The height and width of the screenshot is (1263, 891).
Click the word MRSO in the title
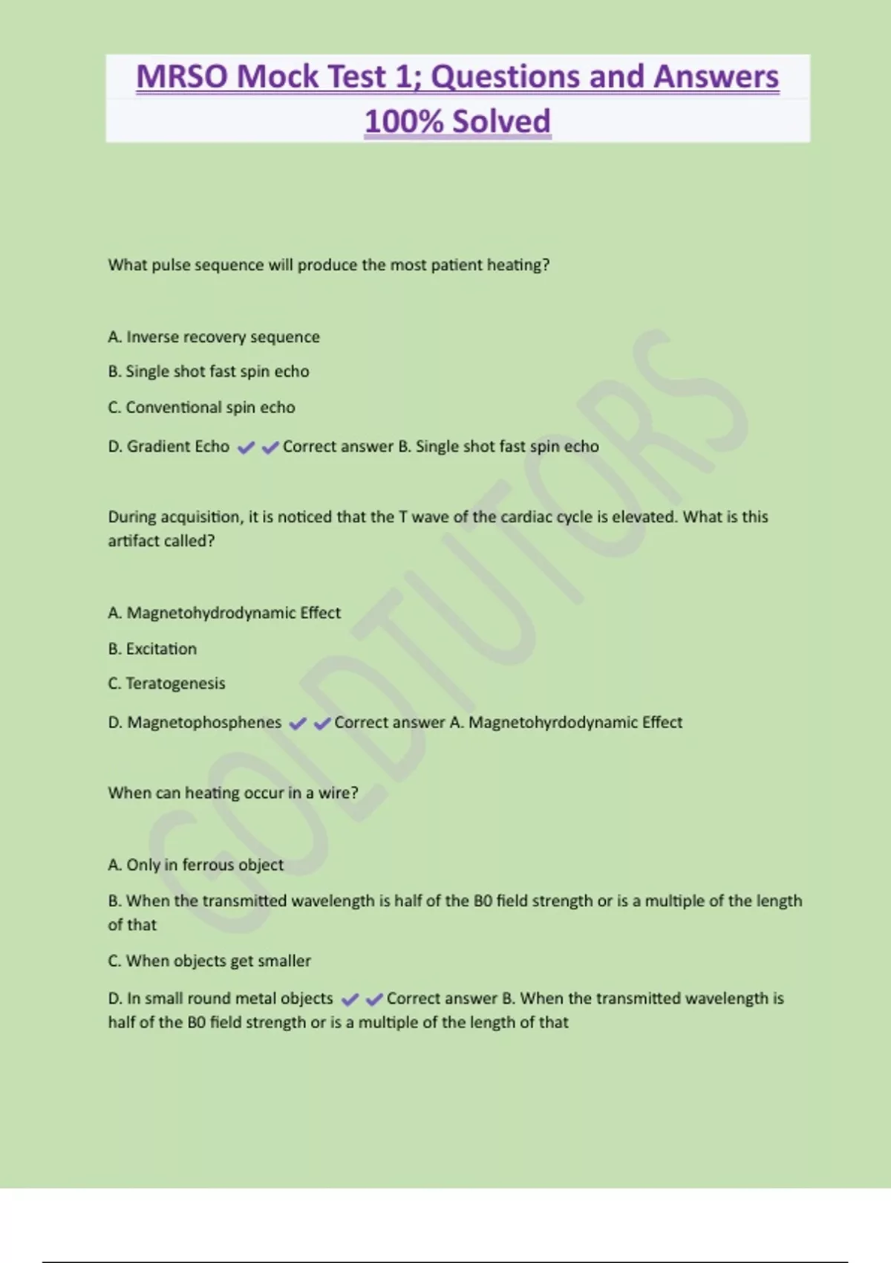click(x=182, y=77)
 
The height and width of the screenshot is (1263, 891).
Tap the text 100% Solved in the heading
click(x=457, y=122)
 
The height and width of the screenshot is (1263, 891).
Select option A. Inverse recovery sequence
click(x=214, y=337)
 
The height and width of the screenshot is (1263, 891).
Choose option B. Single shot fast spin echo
click(x=209, y=371)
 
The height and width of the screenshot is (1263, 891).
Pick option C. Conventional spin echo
click(x=201, y=407)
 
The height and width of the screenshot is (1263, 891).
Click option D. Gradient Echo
click(x=169, y=447)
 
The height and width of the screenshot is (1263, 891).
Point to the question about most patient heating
click(x=328, y=265)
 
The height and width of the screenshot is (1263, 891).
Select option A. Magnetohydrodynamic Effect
click(x=224, y=613)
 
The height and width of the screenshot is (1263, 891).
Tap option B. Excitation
click(x=152, y=649)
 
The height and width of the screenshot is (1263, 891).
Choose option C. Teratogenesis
click(x=166, y=684)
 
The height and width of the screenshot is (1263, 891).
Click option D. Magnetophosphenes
click(x=195, y=723)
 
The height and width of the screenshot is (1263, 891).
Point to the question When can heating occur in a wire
click(x=232, y=793)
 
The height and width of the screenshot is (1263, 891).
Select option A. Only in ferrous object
click(x=195, y=865)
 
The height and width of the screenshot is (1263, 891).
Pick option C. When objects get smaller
click(x=209, y=961)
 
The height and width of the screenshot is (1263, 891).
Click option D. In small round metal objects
click(x=221, y=999)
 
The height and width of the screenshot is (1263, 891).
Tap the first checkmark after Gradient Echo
click(x=246, y=447)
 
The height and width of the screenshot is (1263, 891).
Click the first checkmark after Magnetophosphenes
click(x=298, y=724)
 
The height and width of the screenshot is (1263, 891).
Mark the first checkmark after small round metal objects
click(x=350, y=999)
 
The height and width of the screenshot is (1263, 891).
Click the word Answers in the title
click(x=716, y=77)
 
